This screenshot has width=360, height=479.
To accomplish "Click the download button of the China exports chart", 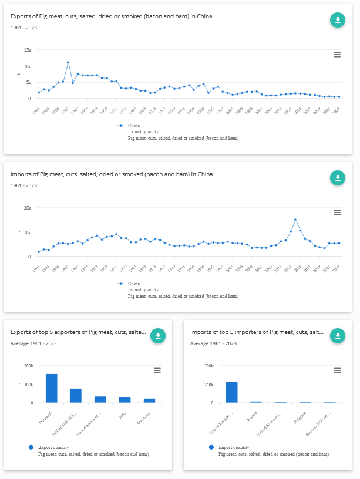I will (x=337, y=20).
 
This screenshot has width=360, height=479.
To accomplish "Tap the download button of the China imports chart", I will (x=337, y=178).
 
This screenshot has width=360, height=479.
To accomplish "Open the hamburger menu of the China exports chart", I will (x=337, y=55).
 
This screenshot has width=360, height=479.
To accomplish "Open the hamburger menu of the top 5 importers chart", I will (x=337, y=370).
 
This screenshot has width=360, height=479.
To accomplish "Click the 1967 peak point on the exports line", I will (x=68, y=62).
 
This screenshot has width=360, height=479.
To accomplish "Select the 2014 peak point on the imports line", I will (x=295, y=220).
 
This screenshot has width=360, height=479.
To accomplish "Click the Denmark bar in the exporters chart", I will (x=52, y=388).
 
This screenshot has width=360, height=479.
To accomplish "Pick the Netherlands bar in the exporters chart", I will (x=76, y=396).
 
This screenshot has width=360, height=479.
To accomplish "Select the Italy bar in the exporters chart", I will (x=125, y=400).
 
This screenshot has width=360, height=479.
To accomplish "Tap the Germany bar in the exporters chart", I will (x=150, y=400).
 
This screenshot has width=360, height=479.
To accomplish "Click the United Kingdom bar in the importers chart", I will (x=231, y=392).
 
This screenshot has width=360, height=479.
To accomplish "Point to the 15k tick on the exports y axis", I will (x=28, y=50).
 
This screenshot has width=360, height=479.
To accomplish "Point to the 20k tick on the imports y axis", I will (x=27, y=208).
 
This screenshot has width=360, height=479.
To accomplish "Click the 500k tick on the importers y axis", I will (x=207, y=366).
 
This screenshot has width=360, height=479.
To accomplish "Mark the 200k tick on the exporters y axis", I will (x=28, y=366).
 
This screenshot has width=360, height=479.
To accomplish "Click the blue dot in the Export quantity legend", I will (x=32, y=447).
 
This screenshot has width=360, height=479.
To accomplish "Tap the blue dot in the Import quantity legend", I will (x=211, y=447).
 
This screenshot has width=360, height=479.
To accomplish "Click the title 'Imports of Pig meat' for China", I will (x=112, y=174).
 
